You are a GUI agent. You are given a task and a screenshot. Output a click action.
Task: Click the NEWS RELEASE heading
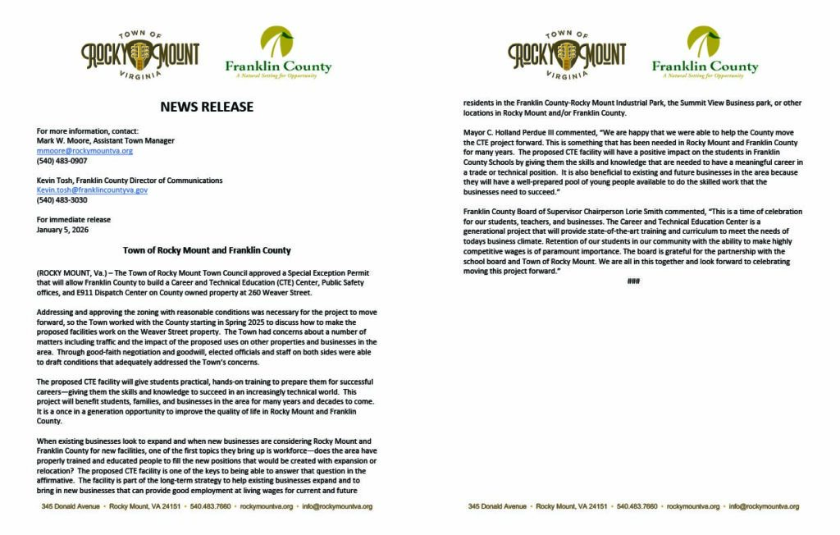click(207, 107)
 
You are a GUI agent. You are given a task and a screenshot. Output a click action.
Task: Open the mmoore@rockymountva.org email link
click(84, 151)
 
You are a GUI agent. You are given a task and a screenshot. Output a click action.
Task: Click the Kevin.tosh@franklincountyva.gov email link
click(92, 190)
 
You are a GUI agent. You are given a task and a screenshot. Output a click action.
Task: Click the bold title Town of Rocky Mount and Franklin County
click(207, 250)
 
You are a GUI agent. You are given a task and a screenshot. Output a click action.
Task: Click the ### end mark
click(632, 281)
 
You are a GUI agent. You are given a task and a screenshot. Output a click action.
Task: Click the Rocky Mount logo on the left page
click(140, 55)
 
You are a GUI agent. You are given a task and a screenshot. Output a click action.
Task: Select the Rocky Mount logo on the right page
click(567, 55)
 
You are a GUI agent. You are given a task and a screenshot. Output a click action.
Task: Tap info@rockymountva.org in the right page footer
click(764, 506)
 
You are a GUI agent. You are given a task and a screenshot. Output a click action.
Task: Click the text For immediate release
click(74, 220)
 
